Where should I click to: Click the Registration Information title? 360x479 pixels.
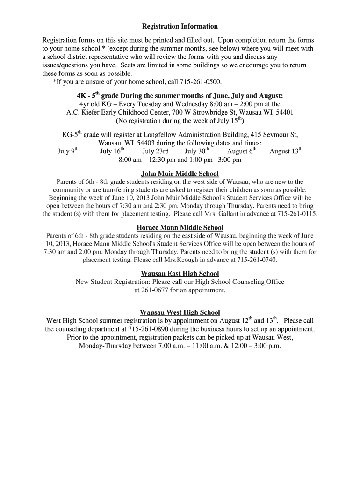[x=180, y=27]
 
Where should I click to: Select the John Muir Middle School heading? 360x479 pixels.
[x=180, y=174]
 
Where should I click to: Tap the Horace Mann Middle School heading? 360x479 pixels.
[x=180, y=228]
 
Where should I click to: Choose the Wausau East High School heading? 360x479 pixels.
[x=180, y=274]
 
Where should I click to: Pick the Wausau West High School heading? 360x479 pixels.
[x=180, y=312]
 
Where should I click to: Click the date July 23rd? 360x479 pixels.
[x=155, y=152]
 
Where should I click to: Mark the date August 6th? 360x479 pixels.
[x=242, y=151]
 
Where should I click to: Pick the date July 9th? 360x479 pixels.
[x=68, y=151]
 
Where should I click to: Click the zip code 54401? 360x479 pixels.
[x=284, y=113]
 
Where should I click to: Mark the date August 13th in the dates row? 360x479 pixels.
[x=286, y=151]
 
